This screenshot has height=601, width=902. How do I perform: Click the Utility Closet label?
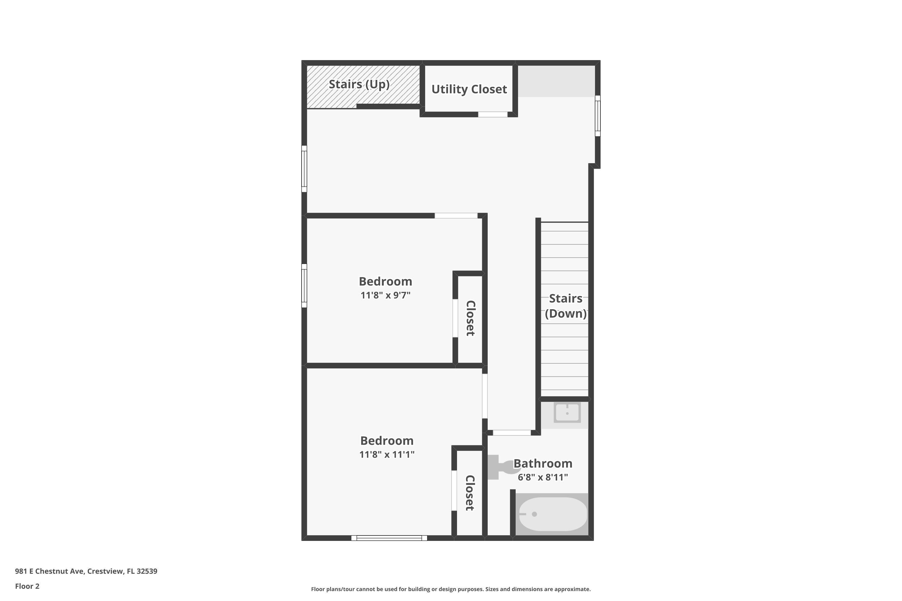tap(469, 89)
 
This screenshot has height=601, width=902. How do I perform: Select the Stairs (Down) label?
tap(566, 306)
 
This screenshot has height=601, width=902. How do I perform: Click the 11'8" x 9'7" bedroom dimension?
tap(385, 295)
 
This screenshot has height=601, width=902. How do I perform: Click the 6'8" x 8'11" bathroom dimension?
tap(543, 477)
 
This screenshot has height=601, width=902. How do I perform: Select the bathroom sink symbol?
tap(567, 413)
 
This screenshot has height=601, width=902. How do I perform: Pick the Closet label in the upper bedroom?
tap(471, 318)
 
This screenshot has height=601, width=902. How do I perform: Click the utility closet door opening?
tap(493, 114)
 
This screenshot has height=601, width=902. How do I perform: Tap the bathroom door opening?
tap(512, 433)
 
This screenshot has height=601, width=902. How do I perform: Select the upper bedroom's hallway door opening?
tap(456, 216)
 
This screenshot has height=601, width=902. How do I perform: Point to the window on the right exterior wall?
tap(597, 116)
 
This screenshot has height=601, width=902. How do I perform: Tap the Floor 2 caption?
tap(27, 586)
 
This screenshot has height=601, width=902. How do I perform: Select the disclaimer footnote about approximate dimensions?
tap(451, 589)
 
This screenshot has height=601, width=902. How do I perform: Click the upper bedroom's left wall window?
tap(304, 285)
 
